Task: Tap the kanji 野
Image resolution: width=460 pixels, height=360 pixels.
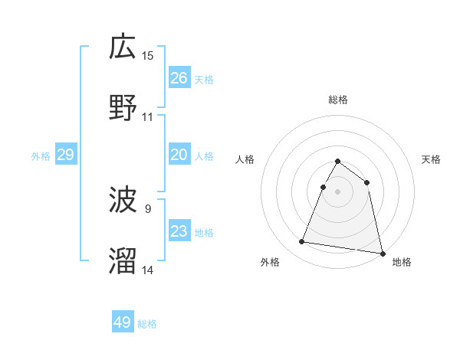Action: point(123,108)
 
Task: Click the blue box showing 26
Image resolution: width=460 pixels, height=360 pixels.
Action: point(179,78)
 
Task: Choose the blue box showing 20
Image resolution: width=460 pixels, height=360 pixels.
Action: point(179,155)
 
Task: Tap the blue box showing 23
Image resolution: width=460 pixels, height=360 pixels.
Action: point(179,231)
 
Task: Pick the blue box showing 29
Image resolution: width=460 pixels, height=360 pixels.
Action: point(66,155)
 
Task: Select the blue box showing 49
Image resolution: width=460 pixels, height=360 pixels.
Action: point(123,322)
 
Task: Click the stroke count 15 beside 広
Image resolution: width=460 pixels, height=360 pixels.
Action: point(148,55)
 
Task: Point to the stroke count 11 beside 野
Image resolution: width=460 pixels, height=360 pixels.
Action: point(148,116)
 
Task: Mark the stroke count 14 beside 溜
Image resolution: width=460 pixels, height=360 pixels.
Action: point(148,270)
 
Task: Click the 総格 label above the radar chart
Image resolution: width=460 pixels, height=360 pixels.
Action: point(338,100)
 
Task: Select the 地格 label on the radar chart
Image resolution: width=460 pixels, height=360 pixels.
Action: point(402,262)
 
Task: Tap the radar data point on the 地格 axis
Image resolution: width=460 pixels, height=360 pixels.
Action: point(382,253)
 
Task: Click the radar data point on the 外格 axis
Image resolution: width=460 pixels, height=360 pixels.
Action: point(302,242)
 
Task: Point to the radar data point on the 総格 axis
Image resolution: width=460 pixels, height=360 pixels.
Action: point(338,162)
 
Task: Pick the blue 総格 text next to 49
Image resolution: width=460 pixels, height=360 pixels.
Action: point(147,324)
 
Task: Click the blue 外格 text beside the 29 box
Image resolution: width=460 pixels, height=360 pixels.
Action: point(41,156)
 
